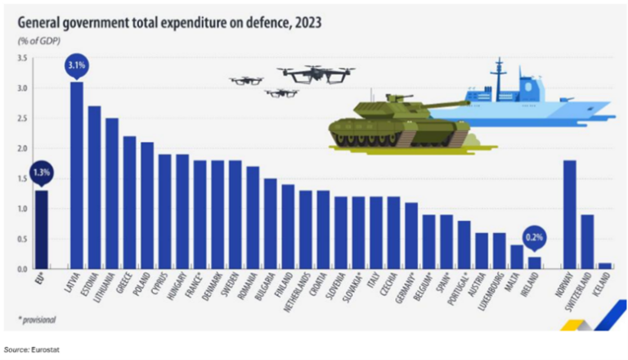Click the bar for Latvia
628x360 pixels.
click(x=76, y=175)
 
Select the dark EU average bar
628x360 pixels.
click(x=40, y=229)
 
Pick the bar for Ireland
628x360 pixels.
click(x=534, y=263)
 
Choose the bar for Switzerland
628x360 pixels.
click(x=587, y=241)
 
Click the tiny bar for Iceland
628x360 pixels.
click(x=605, y=266)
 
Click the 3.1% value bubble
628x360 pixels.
click(x=76, y=65)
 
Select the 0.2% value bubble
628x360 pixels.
click(x=534, y=240)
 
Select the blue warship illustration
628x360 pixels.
click(x=532, y=98)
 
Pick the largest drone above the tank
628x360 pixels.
click(x=315, y=74)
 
